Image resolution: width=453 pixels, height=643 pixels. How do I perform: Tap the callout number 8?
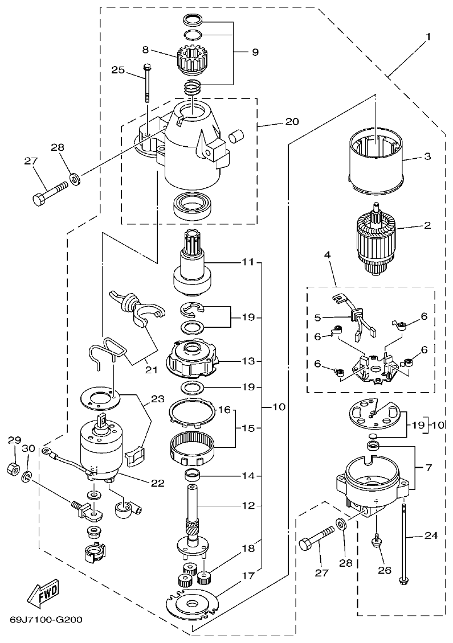146,49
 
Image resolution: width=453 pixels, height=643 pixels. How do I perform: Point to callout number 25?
117,71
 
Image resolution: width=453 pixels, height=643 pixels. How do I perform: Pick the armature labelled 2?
376,240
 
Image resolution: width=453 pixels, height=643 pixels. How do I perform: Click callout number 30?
28,448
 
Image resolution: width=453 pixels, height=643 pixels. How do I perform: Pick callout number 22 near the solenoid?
157,483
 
